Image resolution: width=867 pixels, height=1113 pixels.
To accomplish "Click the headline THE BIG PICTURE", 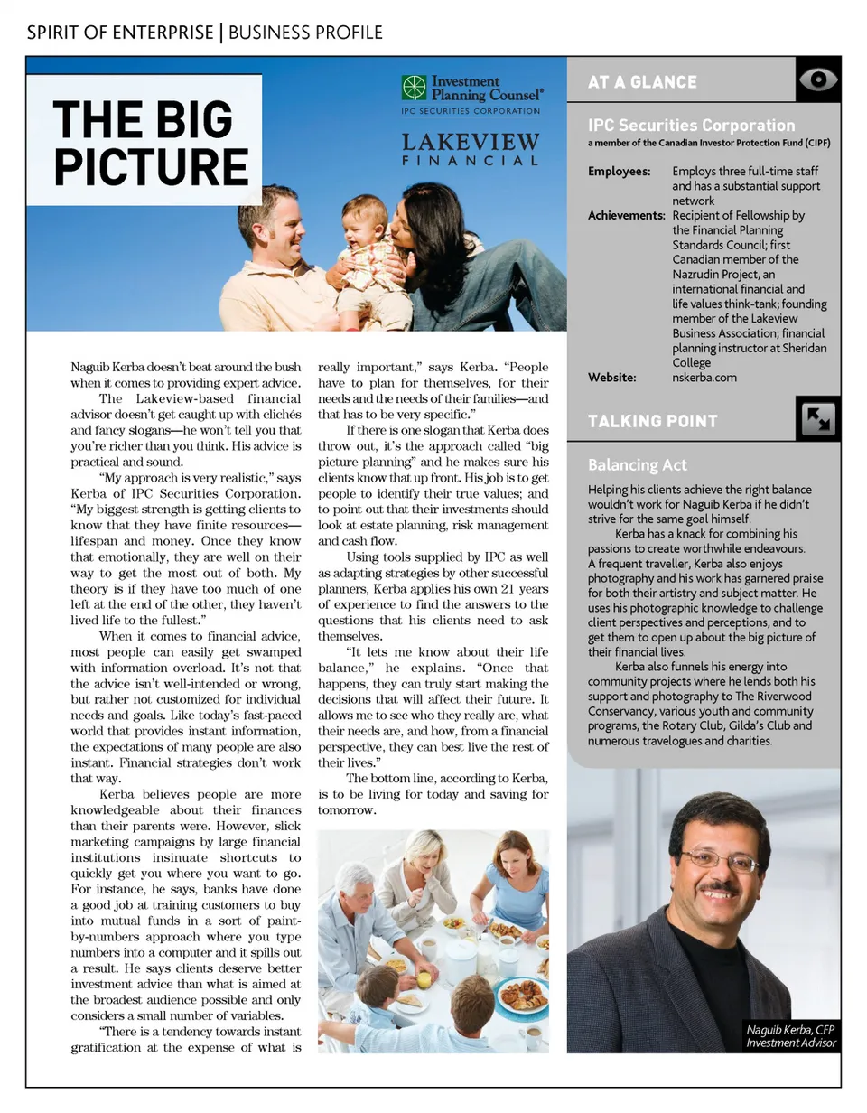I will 150,143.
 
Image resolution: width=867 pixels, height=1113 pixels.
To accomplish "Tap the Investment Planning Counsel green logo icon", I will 414,88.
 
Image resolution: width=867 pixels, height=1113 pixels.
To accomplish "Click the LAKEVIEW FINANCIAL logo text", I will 471,150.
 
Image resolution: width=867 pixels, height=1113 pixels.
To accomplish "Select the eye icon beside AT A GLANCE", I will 818,79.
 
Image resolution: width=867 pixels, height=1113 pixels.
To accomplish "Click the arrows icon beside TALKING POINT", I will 818,420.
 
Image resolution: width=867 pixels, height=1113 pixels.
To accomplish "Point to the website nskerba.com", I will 704,378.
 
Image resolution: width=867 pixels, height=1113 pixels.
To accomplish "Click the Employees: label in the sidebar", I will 619,172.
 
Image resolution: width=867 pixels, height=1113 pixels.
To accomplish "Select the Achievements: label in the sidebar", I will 627,216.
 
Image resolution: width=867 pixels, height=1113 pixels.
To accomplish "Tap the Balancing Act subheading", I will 638,465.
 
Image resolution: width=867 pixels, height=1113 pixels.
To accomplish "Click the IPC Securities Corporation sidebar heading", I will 691,126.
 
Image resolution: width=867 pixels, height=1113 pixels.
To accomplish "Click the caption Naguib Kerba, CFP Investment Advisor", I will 792,1036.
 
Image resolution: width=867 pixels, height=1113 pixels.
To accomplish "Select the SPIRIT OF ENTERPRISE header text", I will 120,33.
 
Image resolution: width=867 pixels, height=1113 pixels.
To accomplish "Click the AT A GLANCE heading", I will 642,82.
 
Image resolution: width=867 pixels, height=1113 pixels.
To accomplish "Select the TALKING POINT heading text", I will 653,421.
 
